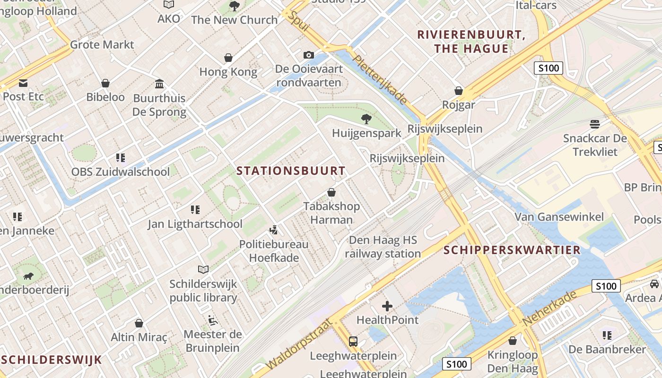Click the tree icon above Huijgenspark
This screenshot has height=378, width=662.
point(366,119)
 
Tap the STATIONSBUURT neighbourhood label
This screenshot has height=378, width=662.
point(291,171)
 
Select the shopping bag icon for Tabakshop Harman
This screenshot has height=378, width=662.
point(331,193)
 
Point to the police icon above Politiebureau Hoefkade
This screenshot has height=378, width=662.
point(273,230)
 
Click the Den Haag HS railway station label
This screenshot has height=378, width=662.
point(383,247)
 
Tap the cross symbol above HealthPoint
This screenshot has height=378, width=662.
point(387,306)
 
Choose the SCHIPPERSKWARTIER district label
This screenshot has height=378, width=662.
point(512,250)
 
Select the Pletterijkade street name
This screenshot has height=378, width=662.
point(380,80)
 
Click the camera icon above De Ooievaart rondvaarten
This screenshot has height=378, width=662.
point(309,55)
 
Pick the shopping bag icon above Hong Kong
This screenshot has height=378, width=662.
point(228,58)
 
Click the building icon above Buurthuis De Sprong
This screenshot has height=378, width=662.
point(159,84)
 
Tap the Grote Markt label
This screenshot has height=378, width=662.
point(102,45)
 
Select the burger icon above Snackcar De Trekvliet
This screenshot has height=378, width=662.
point(595,124)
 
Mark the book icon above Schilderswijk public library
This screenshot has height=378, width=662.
point(203,269)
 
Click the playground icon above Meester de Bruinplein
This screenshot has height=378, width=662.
point(213,320)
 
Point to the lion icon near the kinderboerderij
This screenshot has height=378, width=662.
point(29,275)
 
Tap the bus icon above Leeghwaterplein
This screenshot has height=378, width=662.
point(353,341)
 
